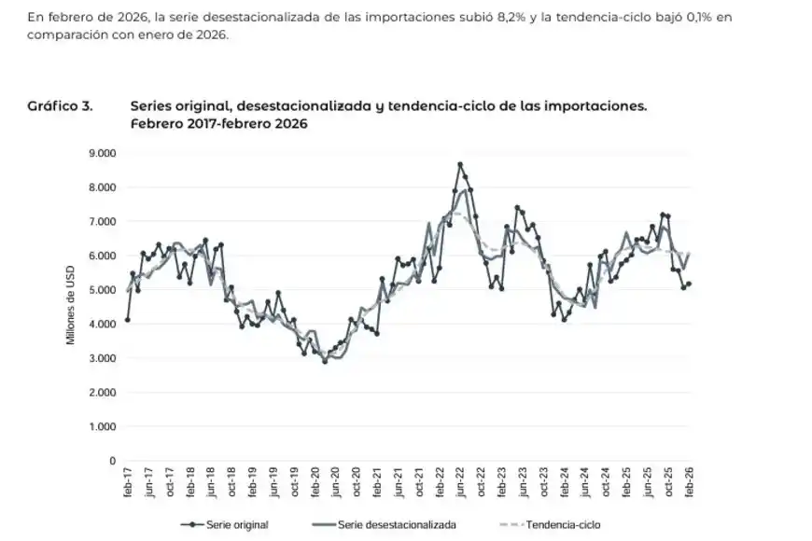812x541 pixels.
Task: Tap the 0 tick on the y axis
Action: [110, 461]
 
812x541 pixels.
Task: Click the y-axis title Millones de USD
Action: [70, 303]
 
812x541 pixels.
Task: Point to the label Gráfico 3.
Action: [61, 106]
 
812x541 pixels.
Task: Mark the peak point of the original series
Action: [460, 164]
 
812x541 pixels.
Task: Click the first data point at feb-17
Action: [128, 320]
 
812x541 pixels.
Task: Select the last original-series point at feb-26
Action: [689, 284]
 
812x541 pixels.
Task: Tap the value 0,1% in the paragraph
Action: [689, 17]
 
